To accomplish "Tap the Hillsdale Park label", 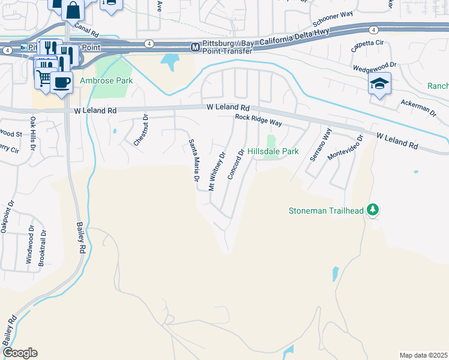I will point(273,152).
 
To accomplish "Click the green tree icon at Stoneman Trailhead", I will point(373,209).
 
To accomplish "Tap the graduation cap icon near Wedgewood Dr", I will point(379,83).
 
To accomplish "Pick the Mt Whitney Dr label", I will point(216,172).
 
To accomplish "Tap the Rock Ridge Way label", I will point(258,121).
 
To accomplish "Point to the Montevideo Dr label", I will point(346,147).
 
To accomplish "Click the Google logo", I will point(20,353).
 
